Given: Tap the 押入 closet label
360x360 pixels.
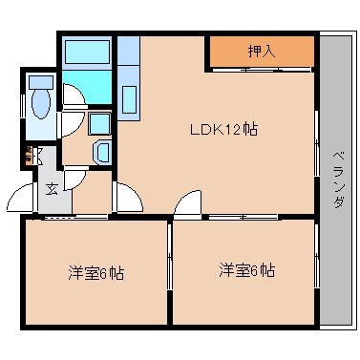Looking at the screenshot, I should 262,52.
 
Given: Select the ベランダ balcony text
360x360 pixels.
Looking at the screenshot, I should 338,181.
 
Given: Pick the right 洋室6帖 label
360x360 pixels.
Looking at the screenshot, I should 245,270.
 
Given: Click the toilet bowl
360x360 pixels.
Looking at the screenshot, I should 41,100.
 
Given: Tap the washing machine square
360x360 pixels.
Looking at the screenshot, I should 98,123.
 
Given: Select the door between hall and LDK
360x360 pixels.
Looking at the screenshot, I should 124,198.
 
